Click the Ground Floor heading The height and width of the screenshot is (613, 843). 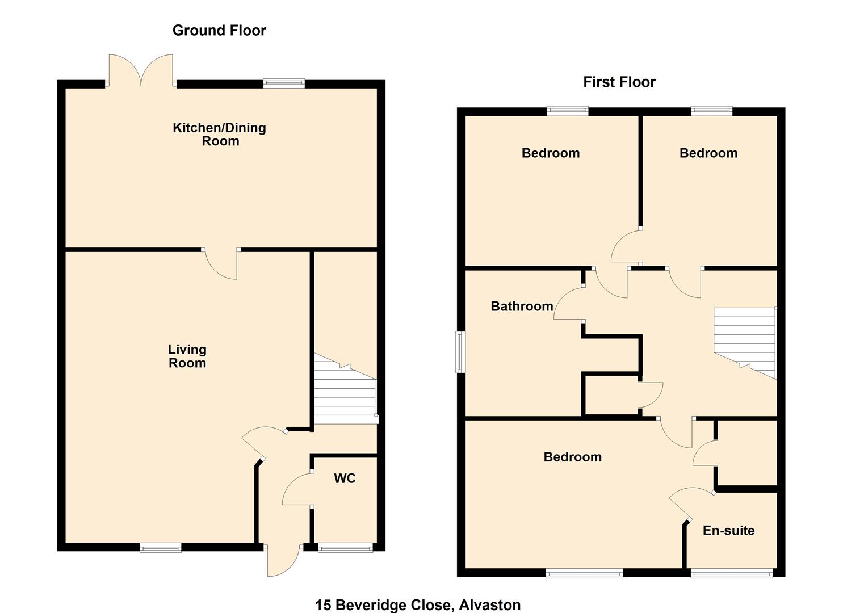tap(219, 31)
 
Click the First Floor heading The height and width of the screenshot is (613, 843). tap(619, 82)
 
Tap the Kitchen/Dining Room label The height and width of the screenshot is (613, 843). tap(220, 134)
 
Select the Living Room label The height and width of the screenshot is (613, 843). tap(187, 356)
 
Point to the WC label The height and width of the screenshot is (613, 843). tap(345, 478)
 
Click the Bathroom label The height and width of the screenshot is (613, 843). tap(522, 306)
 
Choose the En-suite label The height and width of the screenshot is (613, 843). tap(728, 531)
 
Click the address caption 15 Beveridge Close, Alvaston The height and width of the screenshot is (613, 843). tap(418, 605)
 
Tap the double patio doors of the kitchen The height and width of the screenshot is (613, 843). tap(141, 71)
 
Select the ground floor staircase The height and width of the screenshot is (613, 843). tap(345, 392)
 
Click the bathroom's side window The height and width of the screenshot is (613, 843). tap(460, 352)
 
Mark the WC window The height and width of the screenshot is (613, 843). tap(345, 547)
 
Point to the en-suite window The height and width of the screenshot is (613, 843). tap(731, 573)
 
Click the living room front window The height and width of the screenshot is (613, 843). tap(161, 547)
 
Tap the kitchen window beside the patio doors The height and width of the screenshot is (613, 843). tap(284, 83)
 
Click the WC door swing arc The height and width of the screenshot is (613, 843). tap(296, 489)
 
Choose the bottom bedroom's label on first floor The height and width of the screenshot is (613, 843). tap(572, 457)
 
